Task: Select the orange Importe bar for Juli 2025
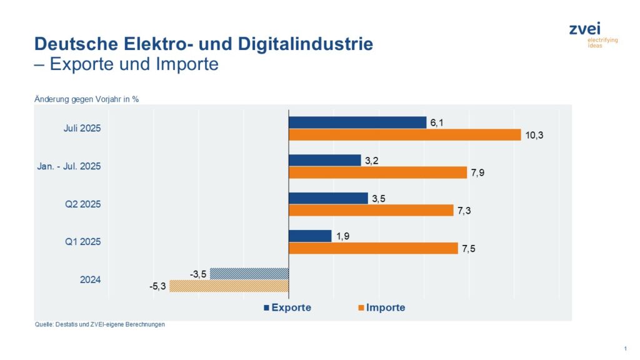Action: (x=404, y=135)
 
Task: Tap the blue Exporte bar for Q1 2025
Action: (x=310, y=236)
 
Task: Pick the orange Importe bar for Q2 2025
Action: (x=371, y=211)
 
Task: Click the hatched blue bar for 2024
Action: (x=249, y=273)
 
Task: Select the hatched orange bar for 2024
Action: (x=229, y=286)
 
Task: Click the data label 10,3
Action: (x=534, y=136)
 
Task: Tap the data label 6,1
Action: (x=437, y=122)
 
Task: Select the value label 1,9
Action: (x=343, y=236)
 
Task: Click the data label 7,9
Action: (x=478, y=173)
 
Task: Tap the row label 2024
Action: (x=90, y=279)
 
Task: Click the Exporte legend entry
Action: (x=287, y=307)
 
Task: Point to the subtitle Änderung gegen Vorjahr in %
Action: (x=86, y=98)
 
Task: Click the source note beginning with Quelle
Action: (x=100, y=324)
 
